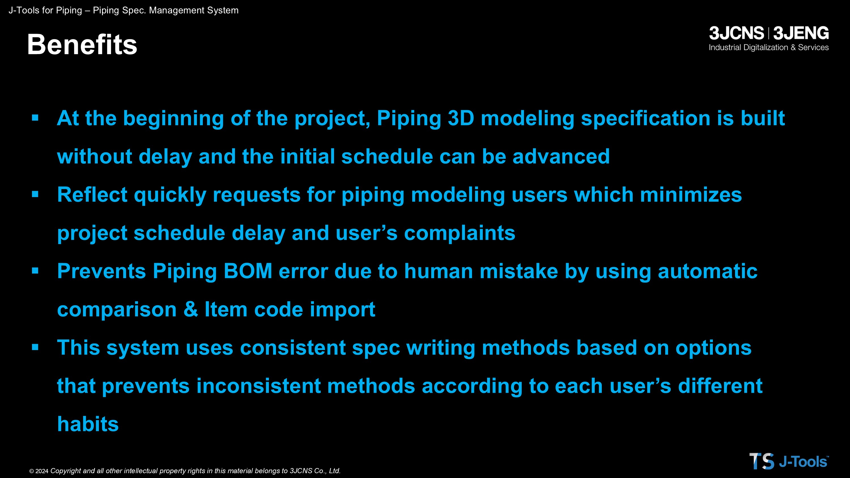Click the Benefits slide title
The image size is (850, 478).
coord(82,44)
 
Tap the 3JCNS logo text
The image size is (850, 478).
coord(736,33)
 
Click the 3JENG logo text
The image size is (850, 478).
coord(801,33)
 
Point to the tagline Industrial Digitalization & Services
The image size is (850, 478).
coord(768,48)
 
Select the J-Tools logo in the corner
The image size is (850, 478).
coord(789,461)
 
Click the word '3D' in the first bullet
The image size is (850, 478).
coord(461,118)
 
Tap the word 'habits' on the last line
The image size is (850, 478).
coord(88,424)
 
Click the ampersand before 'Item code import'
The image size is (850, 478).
coord(191,310)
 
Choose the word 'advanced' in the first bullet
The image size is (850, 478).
coord(561,156)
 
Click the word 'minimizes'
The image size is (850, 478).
coord(691,195)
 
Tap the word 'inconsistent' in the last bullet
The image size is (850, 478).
coord(258,386)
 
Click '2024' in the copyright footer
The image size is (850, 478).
coord(42,471)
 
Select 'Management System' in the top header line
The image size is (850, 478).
coord(194,10)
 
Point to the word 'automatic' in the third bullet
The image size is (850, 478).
coord(707,271)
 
